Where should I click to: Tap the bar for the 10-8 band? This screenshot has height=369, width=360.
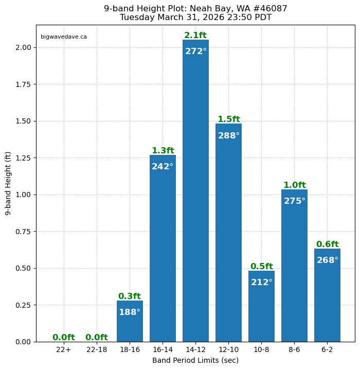[261, 309]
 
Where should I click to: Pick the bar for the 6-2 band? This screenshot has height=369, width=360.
[327, 298]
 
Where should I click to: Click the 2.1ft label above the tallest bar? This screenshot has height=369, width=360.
[195, 36]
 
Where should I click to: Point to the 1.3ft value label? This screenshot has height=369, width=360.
[163, 151]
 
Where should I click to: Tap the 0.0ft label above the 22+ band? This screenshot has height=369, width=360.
[64, 338]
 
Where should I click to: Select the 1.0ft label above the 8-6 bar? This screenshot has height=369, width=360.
[294, 185]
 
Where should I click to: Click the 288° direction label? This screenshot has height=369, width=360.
[228, 136]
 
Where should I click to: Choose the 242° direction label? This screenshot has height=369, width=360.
[163, 167]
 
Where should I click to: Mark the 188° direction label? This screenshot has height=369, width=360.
[130, 312]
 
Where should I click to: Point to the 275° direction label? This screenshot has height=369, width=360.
[294, 201]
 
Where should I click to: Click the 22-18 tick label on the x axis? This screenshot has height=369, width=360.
[97, 350]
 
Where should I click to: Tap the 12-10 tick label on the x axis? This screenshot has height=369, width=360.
[228, 350]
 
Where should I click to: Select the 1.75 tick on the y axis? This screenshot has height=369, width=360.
[23, 84]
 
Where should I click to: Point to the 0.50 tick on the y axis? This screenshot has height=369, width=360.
[23, 268]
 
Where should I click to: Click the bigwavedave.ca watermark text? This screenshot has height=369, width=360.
[64, 37]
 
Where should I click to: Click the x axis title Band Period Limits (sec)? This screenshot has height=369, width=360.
[195, 360]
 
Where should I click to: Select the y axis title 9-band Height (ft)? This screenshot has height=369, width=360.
[8, 183]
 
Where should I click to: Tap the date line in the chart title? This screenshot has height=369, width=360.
[195, 17]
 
